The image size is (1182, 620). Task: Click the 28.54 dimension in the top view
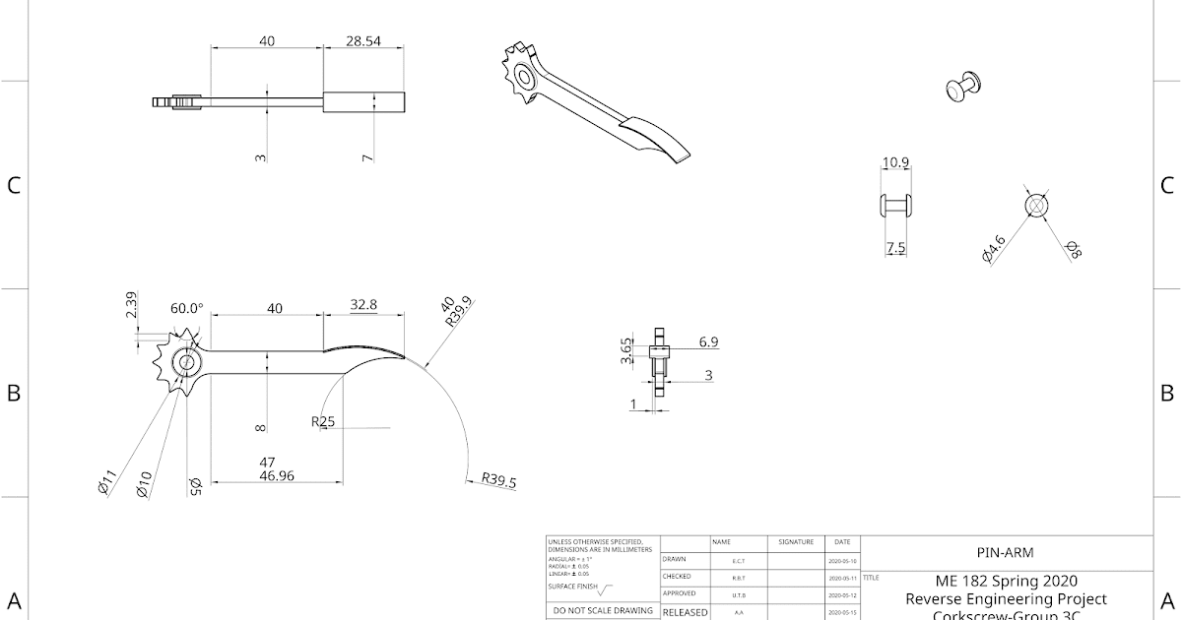(x=362, y=41)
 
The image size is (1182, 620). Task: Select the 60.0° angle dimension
(x=185, y=308)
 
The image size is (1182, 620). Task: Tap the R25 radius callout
(x=323, y=422)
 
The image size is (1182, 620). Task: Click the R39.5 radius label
(x=498, y=481)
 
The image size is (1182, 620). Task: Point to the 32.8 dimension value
(x=363, y=305)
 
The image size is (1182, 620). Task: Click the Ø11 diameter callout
(x=108, y=482)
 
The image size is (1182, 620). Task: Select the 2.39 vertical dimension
(x=132, y=305)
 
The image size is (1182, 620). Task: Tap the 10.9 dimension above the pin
(x=895, y=162)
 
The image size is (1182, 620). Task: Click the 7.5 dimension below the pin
(x=895, y=248)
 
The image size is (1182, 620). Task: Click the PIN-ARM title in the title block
(x=1005, y=552)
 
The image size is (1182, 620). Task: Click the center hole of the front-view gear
(x=184, y=363)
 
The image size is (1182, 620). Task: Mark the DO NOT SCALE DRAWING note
(x=602, y=610)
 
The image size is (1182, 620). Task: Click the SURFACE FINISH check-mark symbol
(x=603, y=590)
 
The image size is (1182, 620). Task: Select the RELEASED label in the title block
(x=685, y=612)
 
